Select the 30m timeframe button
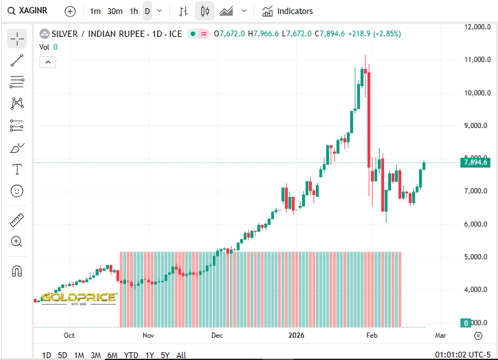pos(115,11)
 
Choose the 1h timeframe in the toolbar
pos(133,11)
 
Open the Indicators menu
pos(288,11)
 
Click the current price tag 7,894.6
pos(476,162)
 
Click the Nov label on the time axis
pos(148,335)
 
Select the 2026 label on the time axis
pos(297,335)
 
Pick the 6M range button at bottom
pos(112,355)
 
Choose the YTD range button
pos(131,355)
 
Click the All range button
pos(181,355)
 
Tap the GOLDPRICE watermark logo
pos(79,298)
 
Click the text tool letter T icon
pos(17,169)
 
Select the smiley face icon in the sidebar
pos(17,191)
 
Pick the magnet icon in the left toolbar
pos(17,271)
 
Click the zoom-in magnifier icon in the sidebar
pos(17,241)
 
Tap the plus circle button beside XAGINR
pos(70,11)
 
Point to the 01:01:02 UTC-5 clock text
pos(462,355)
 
